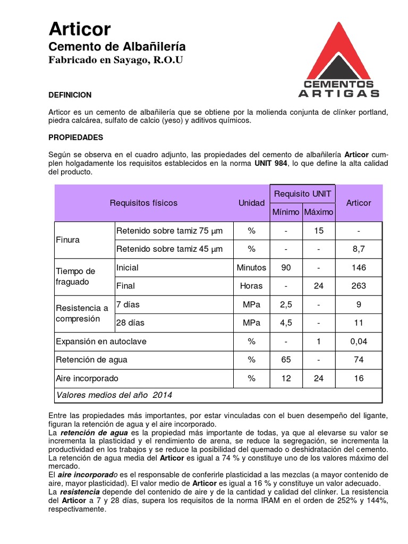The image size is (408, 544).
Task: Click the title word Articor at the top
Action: pos(80,29)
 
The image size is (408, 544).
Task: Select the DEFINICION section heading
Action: pos(70,95)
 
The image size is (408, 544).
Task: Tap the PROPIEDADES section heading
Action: pos(75,137)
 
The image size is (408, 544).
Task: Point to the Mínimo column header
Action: pos(286,212)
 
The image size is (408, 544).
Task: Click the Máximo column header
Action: pos(319,212)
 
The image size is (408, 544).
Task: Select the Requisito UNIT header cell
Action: pos(302,194)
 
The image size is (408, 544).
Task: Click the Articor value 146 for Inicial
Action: pos(359,268)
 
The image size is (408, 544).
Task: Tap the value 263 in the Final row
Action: pos(359,286)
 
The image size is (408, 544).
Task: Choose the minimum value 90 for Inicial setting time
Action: pos(286,268)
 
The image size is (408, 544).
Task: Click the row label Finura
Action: pos(67,240)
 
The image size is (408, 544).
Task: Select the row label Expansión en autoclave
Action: pos(101,341)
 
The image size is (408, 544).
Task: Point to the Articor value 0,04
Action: pos(359,341)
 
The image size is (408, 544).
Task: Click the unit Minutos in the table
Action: pos(251,268)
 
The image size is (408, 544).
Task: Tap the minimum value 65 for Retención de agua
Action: pos(286,360)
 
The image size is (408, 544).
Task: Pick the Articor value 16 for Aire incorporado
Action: pos(359,378)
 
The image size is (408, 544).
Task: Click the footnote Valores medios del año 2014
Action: pos(114,395)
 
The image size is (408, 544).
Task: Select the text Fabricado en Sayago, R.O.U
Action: pos(115,60)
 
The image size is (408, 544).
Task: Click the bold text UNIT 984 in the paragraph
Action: pos(270,163)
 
